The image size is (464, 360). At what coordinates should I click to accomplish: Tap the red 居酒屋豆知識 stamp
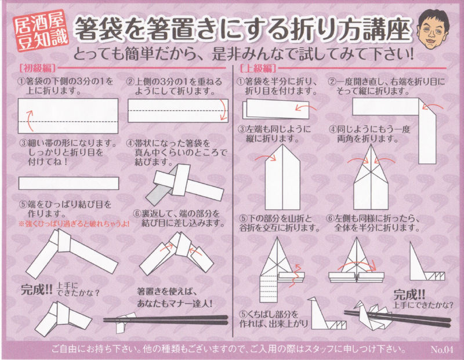(x=41, y=33)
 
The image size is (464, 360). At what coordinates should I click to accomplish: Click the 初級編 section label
(x=38, y=68)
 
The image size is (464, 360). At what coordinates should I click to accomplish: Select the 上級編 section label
(x=258, y=68)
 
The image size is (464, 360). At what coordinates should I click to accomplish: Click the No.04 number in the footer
(x=441, y=350)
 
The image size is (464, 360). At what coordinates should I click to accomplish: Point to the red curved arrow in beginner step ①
(x=29, y=121)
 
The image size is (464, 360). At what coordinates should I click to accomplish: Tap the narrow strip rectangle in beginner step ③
(x=68, y=183)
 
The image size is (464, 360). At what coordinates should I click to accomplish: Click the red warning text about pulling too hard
(x=74, y=224)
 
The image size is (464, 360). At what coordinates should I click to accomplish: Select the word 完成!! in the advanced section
(x=409, y=294)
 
